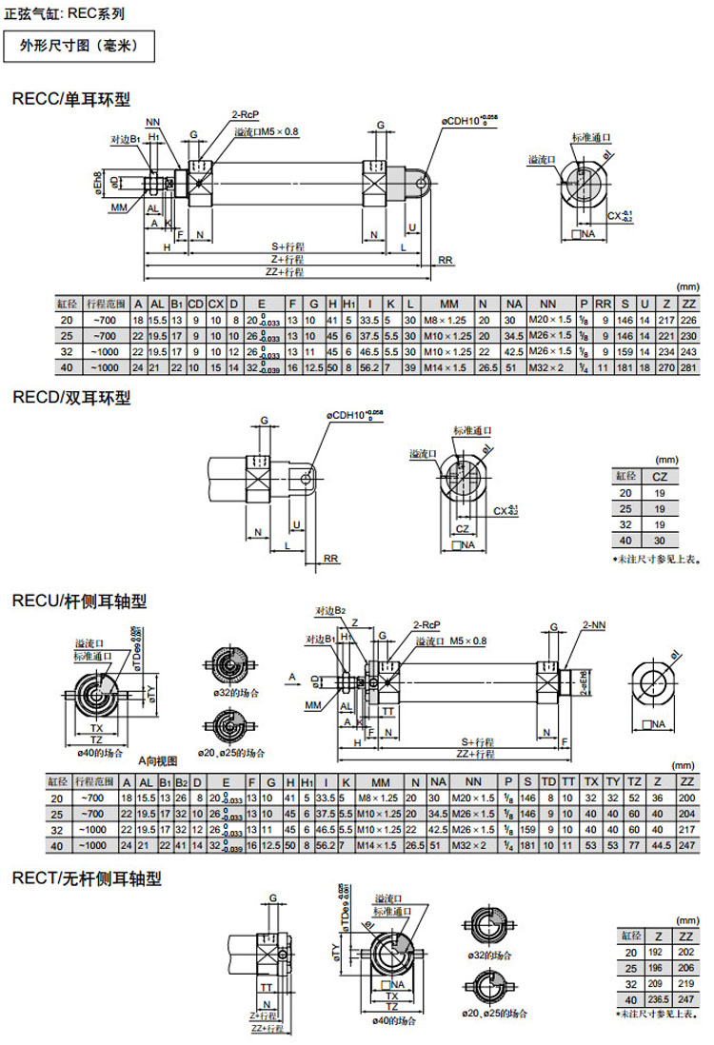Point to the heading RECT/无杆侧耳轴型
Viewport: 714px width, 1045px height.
(x=87, y=878)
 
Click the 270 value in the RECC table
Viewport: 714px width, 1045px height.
(x=668, y=367)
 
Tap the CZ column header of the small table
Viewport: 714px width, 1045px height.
(x=658, y=476)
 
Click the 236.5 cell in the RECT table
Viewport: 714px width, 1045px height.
(x=656, y=999)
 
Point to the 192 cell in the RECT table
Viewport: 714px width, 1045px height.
(x=656, y=951)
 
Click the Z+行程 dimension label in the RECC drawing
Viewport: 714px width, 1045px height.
(x=287, y=259)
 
